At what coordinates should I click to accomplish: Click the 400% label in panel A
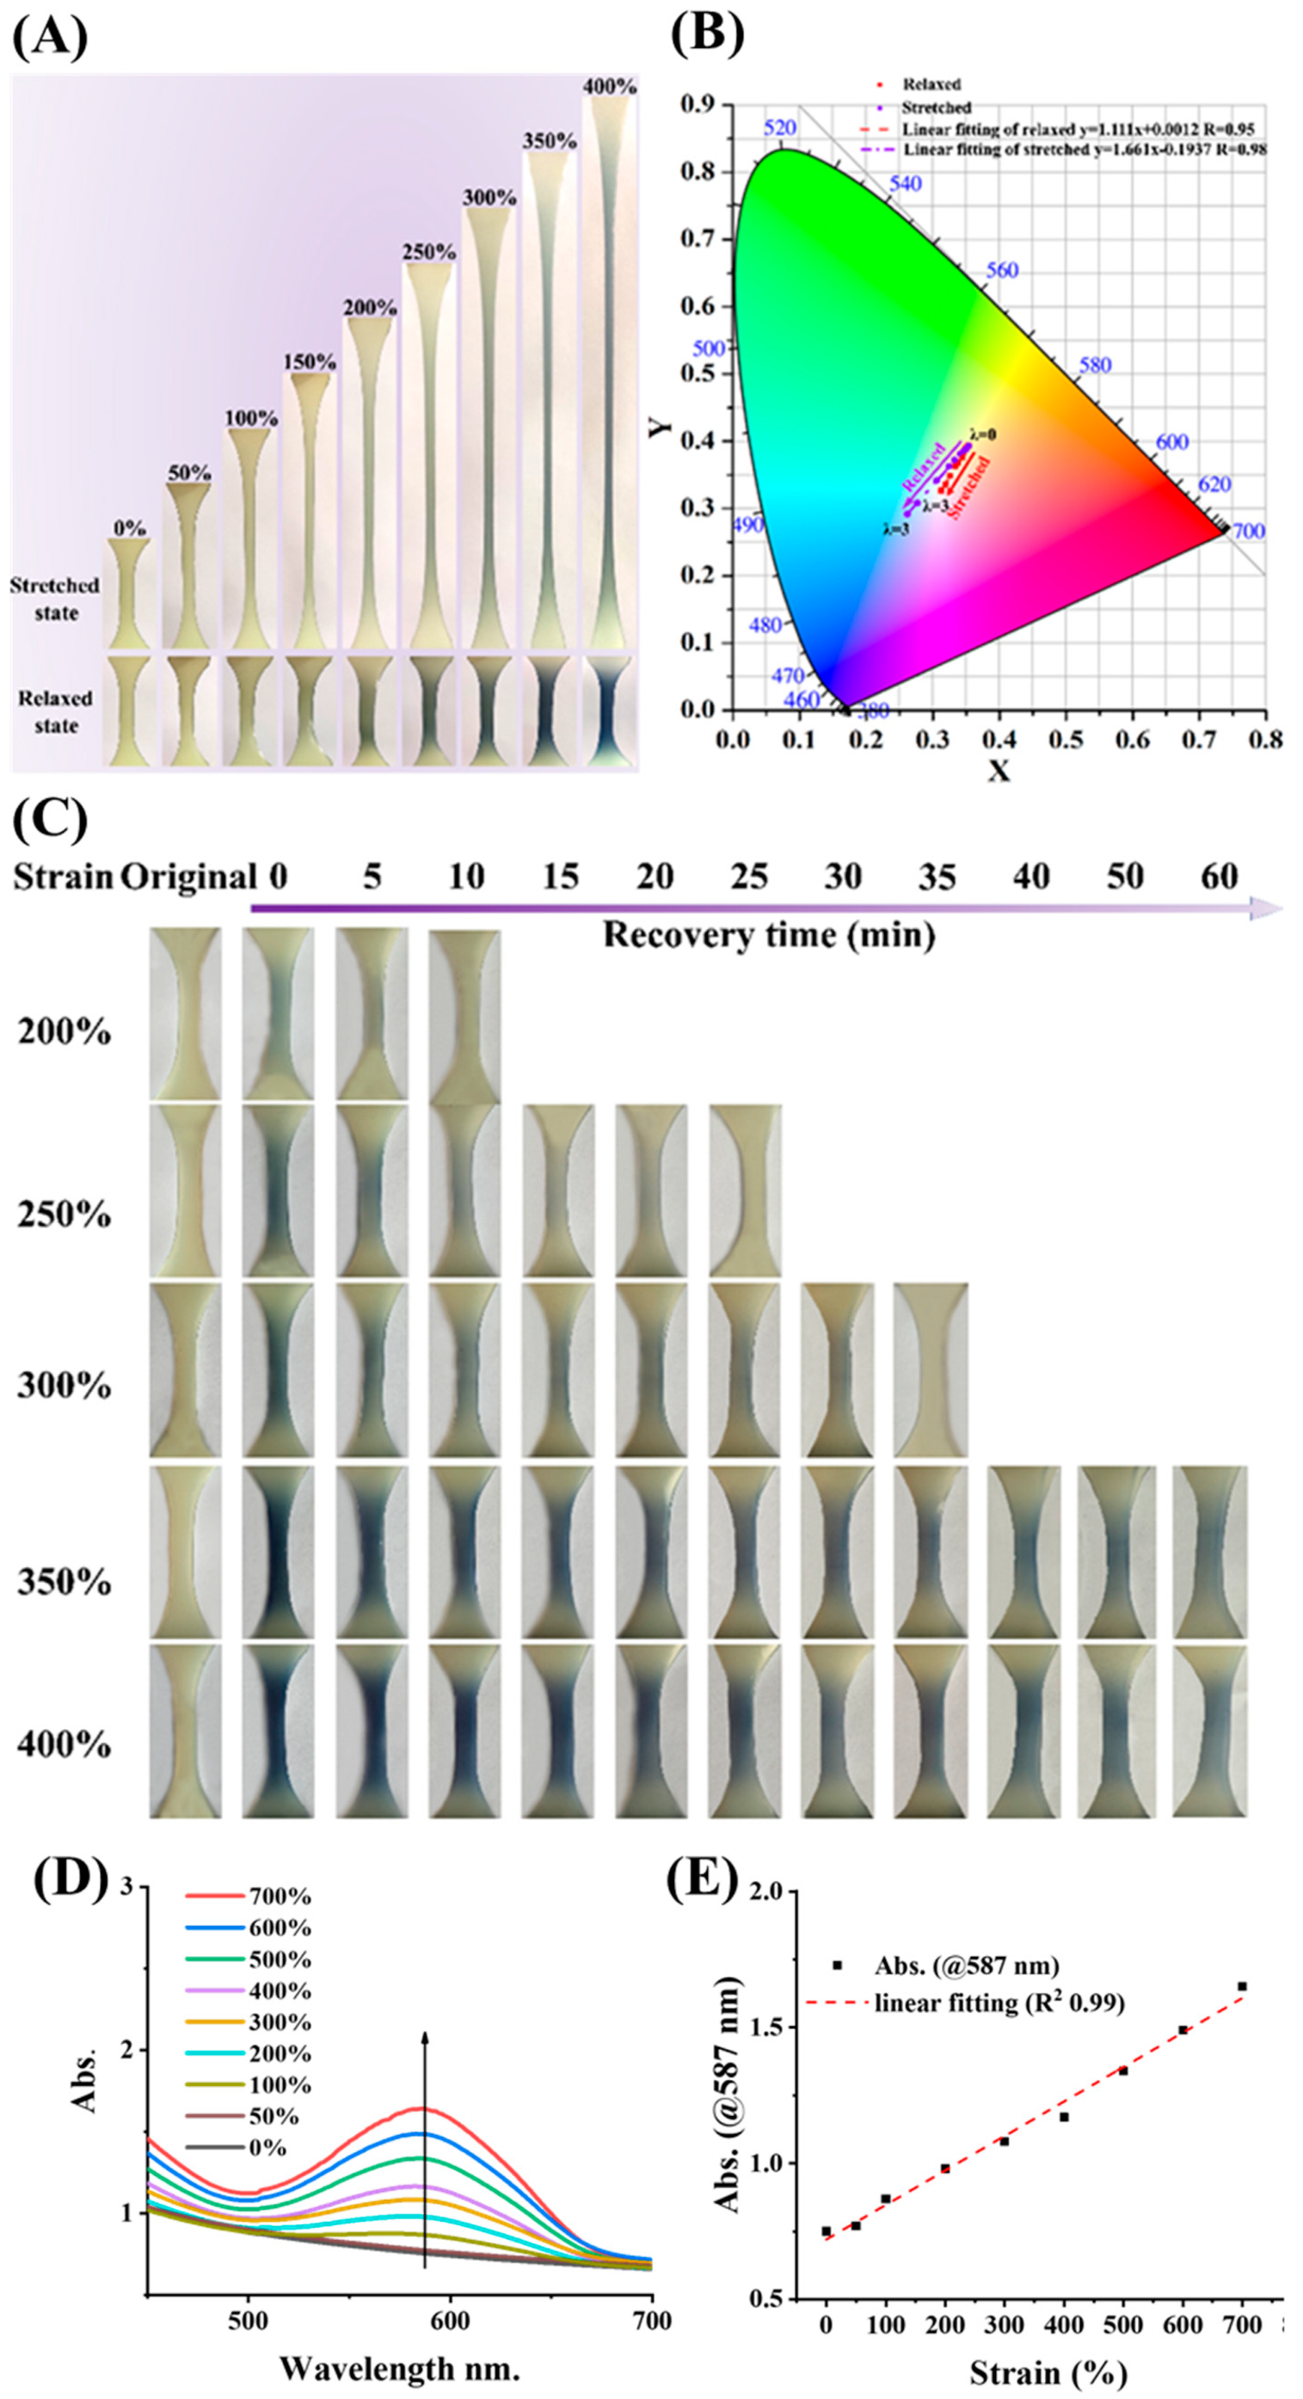610,87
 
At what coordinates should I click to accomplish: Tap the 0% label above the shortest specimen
130,529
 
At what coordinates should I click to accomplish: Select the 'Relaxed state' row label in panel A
56,711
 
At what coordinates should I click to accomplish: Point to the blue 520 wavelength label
779,128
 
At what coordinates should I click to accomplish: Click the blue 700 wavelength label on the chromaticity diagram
1248,531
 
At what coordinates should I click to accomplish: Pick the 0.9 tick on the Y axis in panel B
699,104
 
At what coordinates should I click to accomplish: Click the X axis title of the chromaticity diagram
999,771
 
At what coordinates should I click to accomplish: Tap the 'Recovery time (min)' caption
769,934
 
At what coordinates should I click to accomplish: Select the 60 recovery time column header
1220,877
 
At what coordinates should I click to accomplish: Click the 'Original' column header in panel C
189,877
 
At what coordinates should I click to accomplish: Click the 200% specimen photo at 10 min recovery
464,1016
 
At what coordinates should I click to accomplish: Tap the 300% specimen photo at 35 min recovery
931,1370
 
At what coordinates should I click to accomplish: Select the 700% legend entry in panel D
248,1897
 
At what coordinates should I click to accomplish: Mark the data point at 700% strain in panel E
1242,1986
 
